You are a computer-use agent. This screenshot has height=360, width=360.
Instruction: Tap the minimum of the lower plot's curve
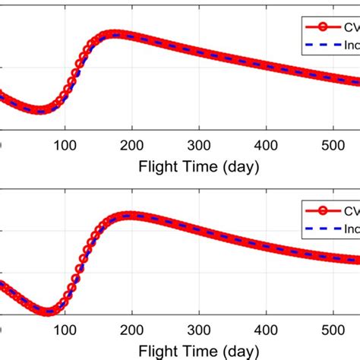tap(52, 311)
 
